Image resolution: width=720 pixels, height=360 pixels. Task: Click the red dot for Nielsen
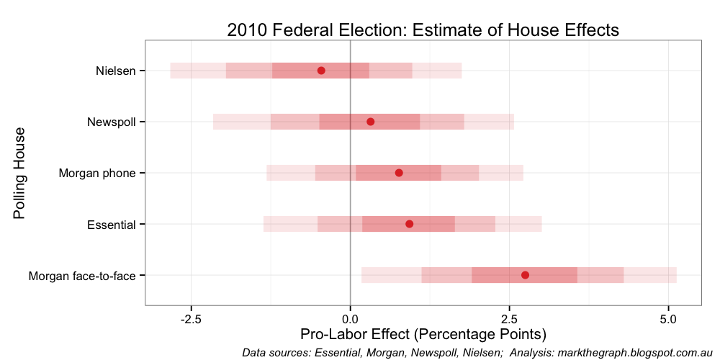pos(321,71)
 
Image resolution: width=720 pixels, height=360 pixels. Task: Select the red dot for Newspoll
pos(370,122)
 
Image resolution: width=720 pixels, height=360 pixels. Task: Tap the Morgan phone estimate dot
pos(399,173)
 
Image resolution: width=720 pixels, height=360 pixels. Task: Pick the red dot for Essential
pos(410,224)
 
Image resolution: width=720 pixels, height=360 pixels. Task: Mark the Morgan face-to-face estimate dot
pos(525,275)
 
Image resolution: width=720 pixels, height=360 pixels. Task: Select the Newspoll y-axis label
pos(111,122)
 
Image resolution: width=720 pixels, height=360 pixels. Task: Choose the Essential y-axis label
pos(111,224)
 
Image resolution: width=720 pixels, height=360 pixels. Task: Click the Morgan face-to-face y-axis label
pos(82,275)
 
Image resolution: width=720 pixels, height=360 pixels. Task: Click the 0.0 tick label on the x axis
pos(351,318)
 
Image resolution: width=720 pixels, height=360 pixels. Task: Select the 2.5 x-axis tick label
pos(510,318)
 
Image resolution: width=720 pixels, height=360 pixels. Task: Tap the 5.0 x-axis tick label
pos(669,318)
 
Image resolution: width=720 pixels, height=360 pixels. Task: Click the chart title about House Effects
pos(423,30)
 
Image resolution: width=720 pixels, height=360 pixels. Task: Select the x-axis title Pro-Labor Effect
pos(423,335)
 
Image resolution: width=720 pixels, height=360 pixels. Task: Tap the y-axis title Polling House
pos(19,173)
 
